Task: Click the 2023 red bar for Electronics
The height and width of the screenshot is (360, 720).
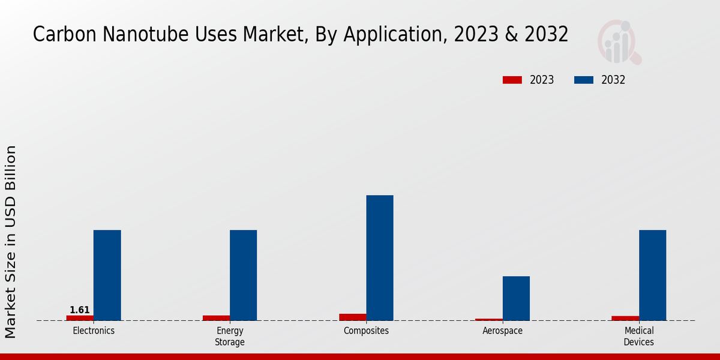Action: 80,318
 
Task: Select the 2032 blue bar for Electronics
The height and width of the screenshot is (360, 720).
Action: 107,275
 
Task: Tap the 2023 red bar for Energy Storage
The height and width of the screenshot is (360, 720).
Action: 216,318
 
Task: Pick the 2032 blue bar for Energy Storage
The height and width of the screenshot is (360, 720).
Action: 244,275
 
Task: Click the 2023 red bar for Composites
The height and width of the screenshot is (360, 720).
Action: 352,317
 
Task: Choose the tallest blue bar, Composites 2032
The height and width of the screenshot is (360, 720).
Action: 380,258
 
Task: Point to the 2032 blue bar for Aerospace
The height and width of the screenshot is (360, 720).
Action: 516,298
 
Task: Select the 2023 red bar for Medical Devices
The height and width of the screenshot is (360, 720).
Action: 625,318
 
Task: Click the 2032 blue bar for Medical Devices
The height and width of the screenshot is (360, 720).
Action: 653,275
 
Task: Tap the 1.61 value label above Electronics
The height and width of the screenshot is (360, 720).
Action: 80,310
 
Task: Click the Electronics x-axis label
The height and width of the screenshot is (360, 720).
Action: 94,331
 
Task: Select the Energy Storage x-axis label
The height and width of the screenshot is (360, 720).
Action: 230,337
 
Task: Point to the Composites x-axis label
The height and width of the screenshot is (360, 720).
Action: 366,331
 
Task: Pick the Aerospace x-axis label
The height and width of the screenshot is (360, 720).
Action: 502,331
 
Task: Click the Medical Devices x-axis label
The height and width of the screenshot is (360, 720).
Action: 639,337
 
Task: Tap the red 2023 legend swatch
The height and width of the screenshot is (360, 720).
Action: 512,80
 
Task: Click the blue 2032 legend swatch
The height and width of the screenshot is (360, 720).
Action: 584,80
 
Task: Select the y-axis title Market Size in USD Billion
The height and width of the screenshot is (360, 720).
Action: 11,242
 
